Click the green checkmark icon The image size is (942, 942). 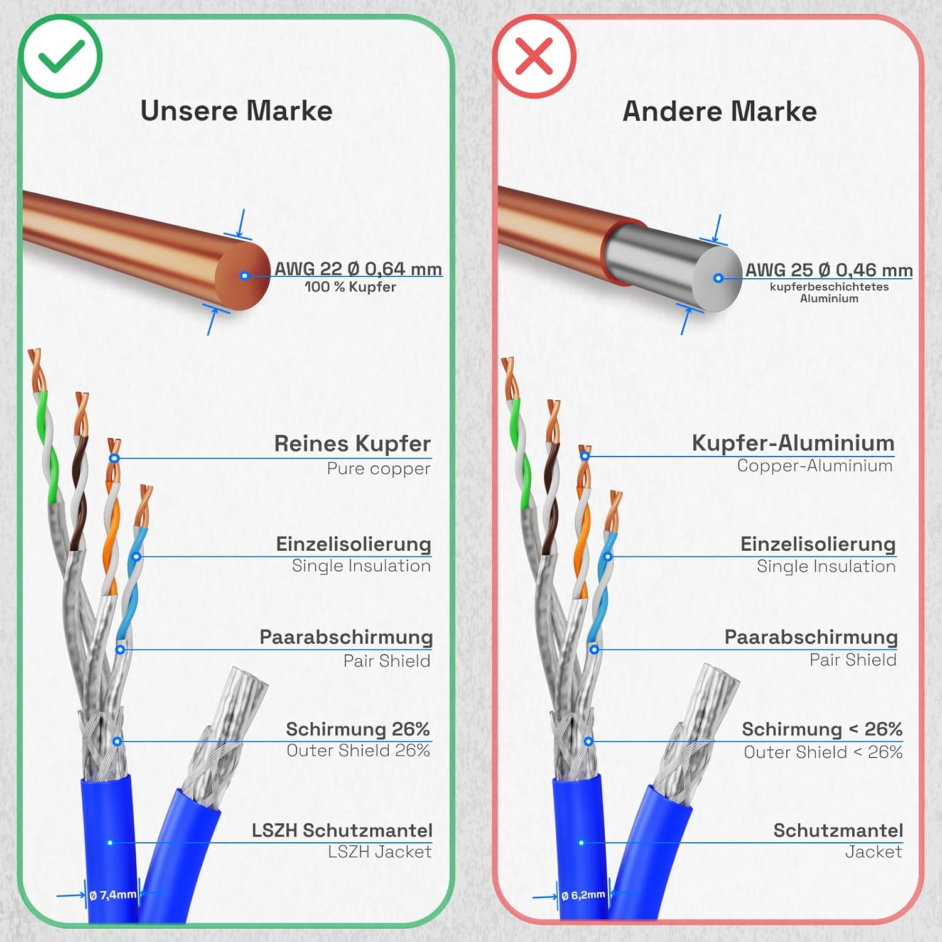point(60,57)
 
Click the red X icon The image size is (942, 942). point(534,57)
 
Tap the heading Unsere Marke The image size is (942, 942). point(236,111)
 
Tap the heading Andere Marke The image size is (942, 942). point(720,111)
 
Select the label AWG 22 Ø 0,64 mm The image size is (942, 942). point(358,269)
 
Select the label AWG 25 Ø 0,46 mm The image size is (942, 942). point(829,270)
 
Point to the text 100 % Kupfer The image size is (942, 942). point(350,287)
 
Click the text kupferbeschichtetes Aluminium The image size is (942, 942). point(829,293)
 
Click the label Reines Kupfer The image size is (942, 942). point(352,443)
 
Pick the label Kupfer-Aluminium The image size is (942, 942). point(793,443)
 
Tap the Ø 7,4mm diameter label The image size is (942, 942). point(112,895)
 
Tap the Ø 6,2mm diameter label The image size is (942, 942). point(583,895)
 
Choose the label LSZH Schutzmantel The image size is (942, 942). point(342,830)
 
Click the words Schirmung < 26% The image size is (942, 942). point(822,729)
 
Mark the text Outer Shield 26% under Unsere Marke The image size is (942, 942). point(358,750)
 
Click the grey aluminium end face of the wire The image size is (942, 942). point(717,278)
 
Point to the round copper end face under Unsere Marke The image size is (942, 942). point(243,276)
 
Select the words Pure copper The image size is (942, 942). point(379,468)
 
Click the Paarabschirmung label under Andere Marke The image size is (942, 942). point(811,637)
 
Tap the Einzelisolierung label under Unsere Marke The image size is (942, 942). point(354,544)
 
